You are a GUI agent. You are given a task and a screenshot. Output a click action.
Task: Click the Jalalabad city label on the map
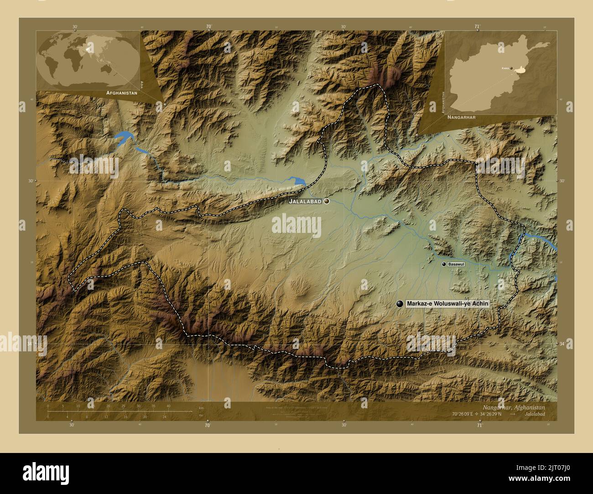pos(305,201)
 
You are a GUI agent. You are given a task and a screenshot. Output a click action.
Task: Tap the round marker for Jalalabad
pos(327,201)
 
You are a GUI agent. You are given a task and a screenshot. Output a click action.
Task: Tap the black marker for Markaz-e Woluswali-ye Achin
pos(400,304)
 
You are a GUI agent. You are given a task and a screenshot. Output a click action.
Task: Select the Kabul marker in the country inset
pos(511,68)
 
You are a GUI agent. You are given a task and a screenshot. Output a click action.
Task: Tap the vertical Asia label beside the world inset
pos(142,85)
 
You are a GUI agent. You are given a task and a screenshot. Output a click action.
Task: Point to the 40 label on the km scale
pos(168,406)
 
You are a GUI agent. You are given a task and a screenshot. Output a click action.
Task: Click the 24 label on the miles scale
pos(165,417)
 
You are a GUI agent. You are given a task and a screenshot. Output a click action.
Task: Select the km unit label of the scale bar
pos(201,407)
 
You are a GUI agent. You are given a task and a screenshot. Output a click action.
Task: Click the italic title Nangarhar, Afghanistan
pos(513,407)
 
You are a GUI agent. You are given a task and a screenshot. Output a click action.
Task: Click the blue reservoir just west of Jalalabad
pos(299,181)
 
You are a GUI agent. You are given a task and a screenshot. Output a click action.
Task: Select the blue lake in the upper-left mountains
pos(124,138)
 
